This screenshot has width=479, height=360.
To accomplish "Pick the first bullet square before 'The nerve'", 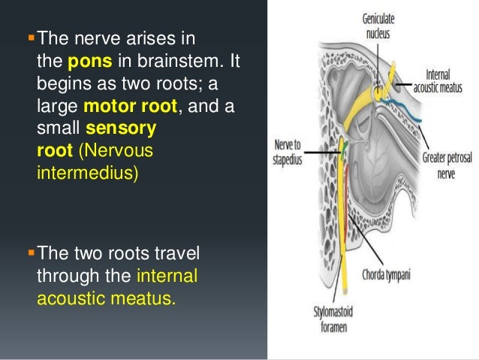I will [32, 38].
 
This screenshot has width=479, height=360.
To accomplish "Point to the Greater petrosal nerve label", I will [442, 164].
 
